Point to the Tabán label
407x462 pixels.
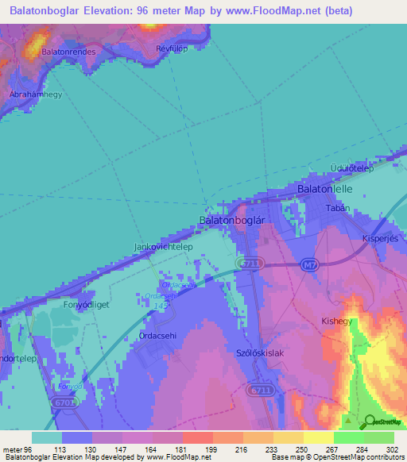338,207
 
